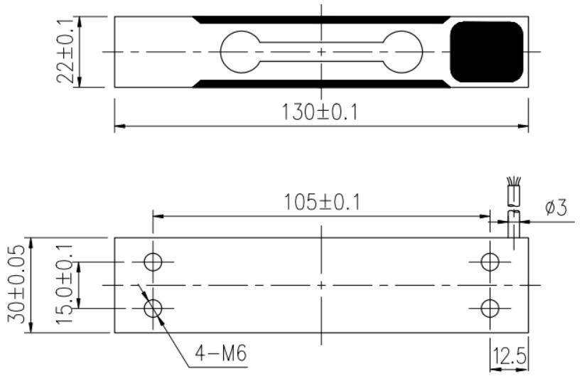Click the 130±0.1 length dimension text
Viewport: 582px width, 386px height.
pos(320,112)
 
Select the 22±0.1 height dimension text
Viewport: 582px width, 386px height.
pos(65,52)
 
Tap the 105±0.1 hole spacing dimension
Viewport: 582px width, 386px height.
pos(322,203)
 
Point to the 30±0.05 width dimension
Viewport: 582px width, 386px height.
pos(16,284)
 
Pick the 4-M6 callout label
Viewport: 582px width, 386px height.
pos(221,353)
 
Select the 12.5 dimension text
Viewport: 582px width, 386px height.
pos(510,355)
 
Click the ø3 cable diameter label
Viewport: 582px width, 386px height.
pos(556,207)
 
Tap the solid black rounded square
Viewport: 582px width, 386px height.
pos(487,52)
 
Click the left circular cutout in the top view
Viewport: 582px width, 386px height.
pos(221,52)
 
